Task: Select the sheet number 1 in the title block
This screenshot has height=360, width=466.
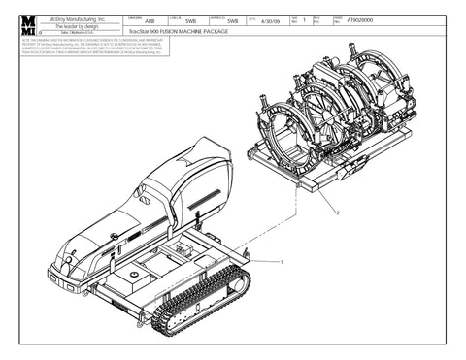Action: (x=304, y=21)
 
